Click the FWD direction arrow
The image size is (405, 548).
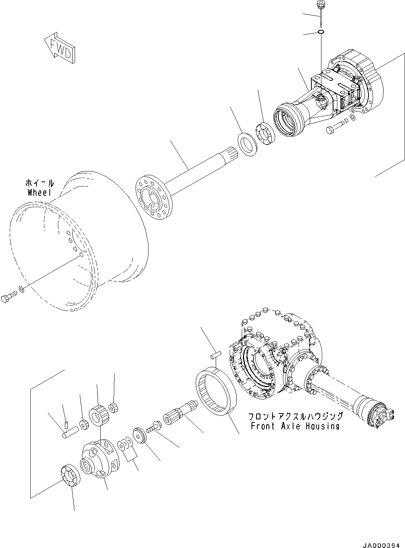click(x=59, y=49)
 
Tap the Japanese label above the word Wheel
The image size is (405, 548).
click(x=40, y=183)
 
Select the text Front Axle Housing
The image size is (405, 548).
click(x=295, y=426)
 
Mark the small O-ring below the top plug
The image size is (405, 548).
click(x=321, y=32)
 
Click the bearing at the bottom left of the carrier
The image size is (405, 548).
click(x=70, y=475)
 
